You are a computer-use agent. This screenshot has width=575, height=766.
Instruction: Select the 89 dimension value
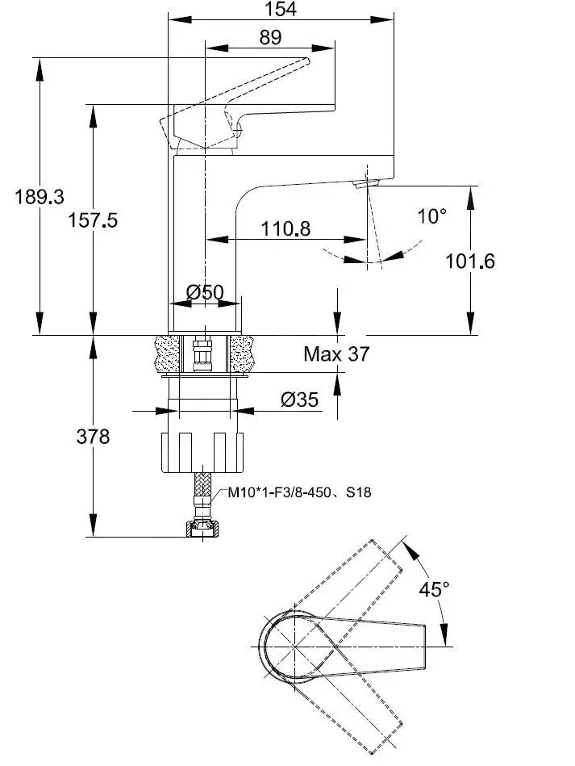[x=270, y=37]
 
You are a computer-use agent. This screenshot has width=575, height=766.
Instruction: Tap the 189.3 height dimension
[x=39, y=196]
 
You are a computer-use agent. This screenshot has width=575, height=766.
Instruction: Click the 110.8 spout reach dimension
[x=285, y=229]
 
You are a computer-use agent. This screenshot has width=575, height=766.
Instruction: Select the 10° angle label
[x=431, y=216]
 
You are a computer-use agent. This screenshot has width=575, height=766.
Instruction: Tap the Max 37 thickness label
[x=336, y=354]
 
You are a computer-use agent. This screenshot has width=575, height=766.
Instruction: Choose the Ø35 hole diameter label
[x=299, y=399]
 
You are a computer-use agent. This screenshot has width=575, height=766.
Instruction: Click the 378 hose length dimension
[x=93, y=437]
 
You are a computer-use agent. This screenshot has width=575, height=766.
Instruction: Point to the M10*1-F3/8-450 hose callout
[x=278, y=492]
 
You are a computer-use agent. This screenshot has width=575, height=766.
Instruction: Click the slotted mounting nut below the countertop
[x=202, y=452]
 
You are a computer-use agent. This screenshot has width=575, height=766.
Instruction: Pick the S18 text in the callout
[x=358, y=492]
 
